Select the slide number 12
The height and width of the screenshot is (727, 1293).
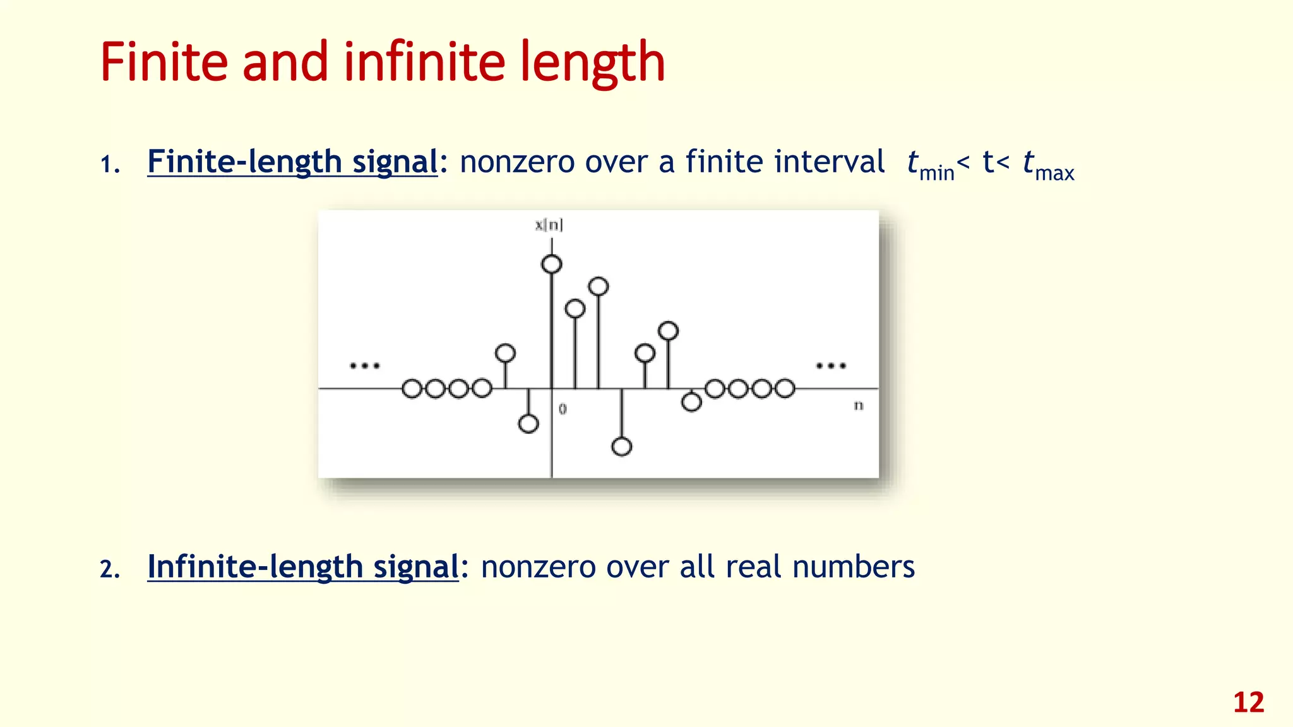pos(1248,702)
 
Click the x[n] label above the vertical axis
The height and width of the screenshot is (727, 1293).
pos(549,225)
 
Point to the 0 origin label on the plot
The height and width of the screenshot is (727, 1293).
pos(563,409)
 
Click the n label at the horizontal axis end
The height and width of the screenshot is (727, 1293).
pos(859,405)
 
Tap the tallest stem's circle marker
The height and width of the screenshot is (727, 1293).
pos(552,264)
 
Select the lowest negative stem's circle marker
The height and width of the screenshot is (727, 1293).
pos(622,447)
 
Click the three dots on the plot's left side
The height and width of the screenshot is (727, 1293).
pos(365,365)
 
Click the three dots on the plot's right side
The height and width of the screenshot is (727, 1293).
pos(831,365)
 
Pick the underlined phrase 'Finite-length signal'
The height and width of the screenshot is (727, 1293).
pos(292,162)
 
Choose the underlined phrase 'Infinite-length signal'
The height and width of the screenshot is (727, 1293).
pos(303,566)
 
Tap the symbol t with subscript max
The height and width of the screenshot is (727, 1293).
pos(1048,164)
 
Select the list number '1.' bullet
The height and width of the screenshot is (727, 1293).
pos(110,165)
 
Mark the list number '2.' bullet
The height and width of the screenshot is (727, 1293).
pos(110,570)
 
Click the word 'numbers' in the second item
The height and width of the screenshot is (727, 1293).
pos(854,566)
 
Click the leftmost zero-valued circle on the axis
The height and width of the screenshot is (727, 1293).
pos(412,389)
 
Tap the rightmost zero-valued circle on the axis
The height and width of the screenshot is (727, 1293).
pos(785,389)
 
